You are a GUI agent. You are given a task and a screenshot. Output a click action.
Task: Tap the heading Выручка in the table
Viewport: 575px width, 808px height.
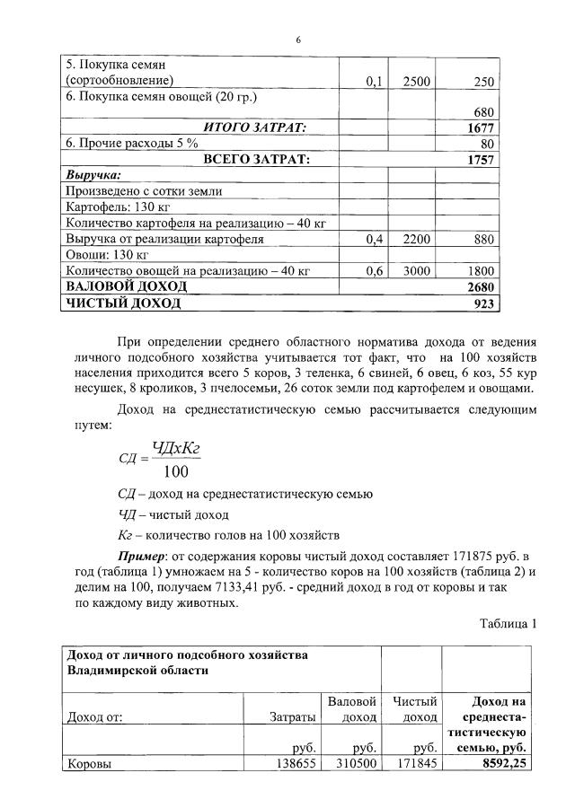93,175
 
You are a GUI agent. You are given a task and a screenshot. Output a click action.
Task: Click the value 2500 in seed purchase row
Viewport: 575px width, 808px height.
417,82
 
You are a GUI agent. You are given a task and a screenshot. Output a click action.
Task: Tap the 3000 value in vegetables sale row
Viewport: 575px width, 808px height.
417,270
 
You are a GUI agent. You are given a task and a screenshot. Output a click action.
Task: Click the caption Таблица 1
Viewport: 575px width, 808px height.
507,624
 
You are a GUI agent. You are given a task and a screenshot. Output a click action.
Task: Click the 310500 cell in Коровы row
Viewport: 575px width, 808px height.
356,765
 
